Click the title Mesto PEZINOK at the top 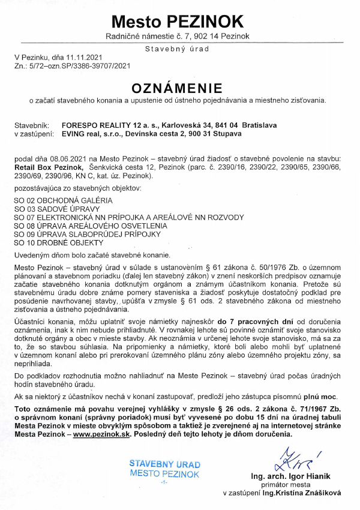click(x=178, y=22)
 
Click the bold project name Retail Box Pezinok click(x=48, y=166)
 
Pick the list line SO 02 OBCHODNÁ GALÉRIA click(x=63, y=199)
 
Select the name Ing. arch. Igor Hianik click(x=289, y=477)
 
